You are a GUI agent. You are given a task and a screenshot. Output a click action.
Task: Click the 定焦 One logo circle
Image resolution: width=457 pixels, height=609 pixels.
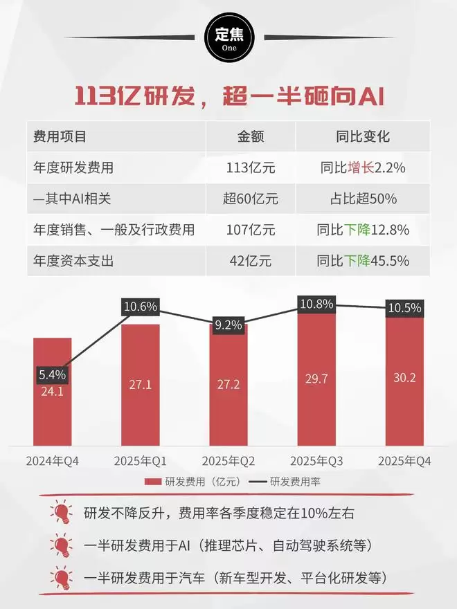228,39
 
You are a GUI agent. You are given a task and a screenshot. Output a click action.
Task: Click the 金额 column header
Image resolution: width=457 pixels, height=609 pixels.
250,136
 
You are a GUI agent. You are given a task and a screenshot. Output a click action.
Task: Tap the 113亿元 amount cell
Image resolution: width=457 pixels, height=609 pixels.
250,167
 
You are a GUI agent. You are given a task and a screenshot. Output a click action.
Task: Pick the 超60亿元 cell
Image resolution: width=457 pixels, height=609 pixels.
250,199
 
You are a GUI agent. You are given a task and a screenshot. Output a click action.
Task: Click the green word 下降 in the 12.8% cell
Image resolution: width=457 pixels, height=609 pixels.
359,230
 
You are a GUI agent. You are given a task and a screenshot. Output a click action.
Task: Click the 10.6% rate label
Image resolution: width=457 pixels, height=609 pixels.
141,307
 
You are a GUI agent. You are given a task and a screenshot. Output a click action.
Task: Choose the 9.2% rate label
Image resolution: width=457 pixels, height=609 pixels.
228,323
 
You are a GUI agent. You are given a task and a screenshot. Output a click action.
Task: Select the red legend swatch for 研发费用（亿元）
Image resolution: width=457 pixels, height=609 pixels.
152,482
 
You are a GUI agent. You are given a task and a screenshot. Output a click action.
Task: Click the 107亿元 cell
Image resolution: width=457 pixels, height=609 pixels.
250,230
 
